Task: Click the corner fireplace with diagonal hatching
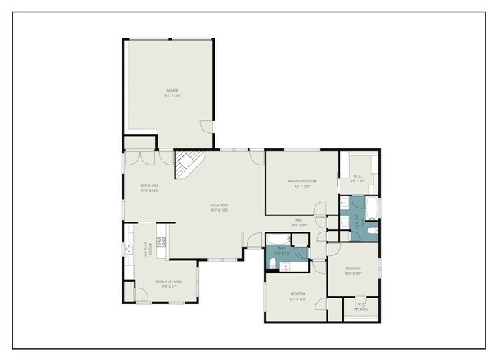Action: point(188,163)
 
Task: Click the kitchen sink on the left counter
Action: point(128,248)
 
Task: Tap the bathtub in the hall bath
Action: point(278,238)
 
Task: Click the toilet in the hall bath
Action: point(273,264)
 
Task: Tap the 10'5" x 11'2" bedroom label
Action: point(353,270)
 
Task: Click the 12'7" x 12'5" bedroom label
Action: point(298,295)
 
